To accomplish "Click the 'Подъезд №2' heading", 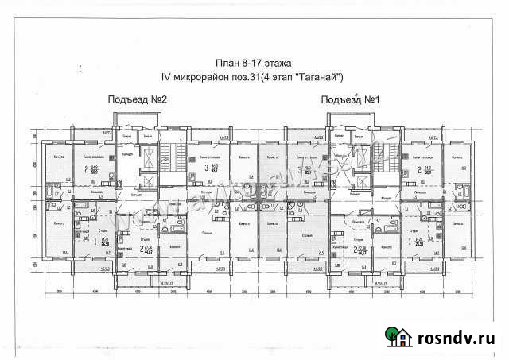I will pos(135,99).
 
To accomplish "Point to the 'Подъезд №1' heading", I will pos(348,99).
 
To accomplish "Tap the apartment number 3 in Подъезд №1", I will pos(300,168).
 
